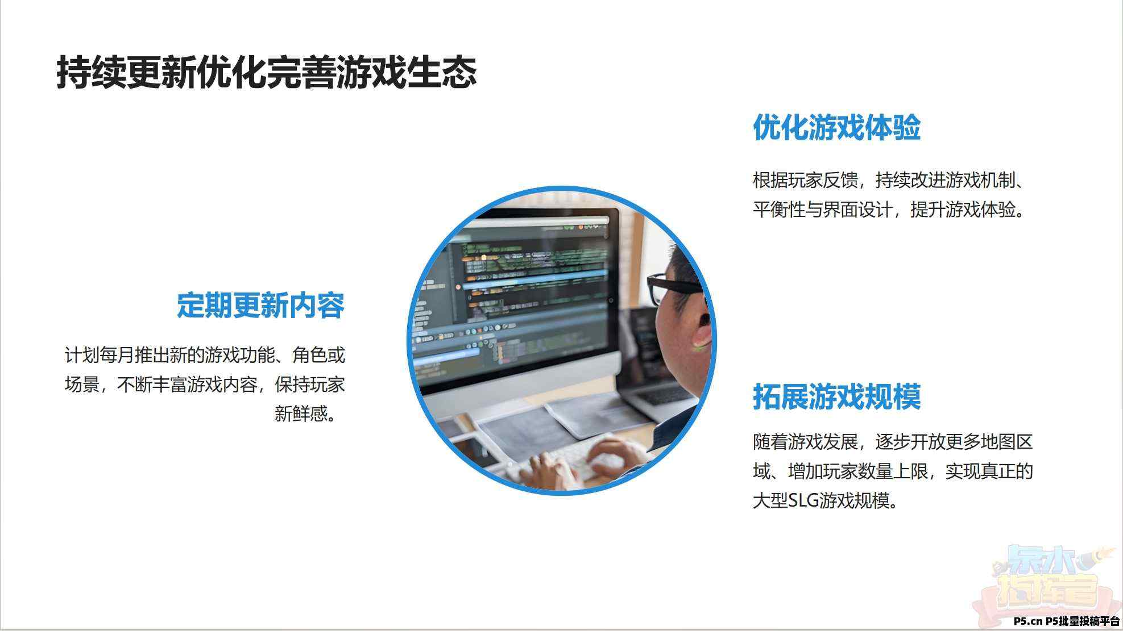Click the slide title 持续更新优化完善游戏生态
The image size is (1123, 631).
click(266, 72)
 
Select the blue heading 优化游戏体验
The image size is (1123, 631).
click(836, 127)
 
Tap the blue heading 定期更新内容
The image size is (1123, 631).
click(261, 306)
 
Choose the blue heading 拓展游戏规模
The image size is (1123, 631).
click(836, 396)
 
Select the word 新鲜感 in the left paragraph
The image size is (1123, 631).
click(301, 413)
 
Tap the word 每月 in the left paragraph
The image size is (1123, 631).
click(117, 355)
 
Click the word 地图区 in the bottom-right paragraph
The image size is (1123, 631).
click(1007, 441)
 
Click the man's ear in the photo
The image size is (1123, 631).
click(703, 330)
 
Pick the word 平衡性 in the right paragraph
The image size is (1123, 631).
click(779, 210)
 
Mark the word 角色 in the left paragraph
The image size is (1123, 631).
click(310, 355)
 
